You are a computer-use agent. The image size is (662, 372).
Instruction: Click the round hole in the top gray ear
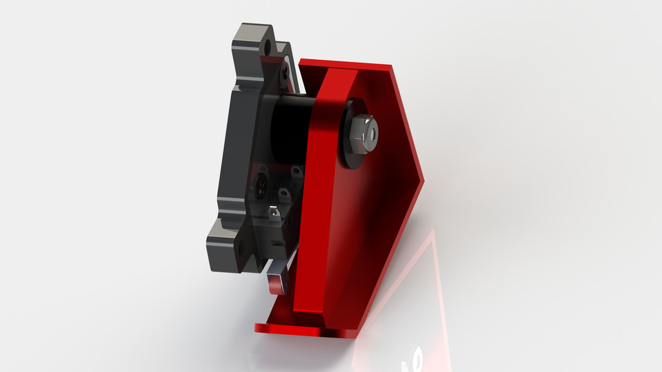click(x=267, y=48)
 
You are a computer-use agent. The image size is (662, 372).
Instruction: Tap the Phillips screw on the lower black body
click(x=261, y=183)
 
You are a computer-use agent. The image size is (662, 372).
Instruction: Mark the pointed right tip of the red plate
click(x=421, y=174)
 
